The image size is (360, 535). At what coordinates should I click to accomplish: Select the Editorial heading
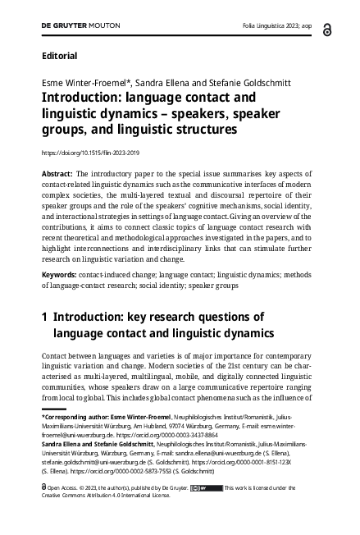(x=58, y=57)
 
